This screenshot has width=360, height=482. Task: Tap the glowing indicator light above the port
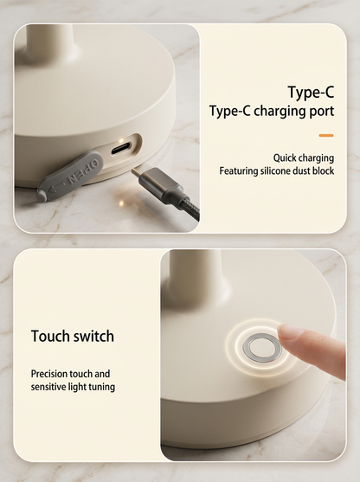[x=121, y=141]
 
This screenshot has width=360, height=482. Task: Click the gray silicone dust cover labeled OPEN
[x=70, y=177]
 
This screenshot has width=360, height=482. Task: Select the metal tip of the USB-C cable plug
[x=138, y=173]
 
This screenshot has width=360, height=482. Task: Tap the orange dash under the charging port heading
[x=326, y=135]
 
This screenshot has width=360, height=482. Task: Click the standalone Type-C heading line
[x=311, y=92]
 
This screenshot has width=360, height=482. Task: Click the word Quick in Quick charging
[x=284, y=158]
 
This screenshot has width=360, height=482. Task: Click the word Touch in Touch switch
[x=49, y=336]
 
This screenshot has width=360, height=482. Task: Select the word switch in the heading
[x=93, y=336]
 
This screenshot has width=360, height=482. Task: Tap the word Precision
[x=49, y=374]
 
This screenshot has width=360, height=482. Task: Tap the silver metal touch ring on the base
[x=262, y=348]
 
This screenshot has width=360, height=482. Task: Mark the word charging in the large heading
[x=280, y=112]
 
